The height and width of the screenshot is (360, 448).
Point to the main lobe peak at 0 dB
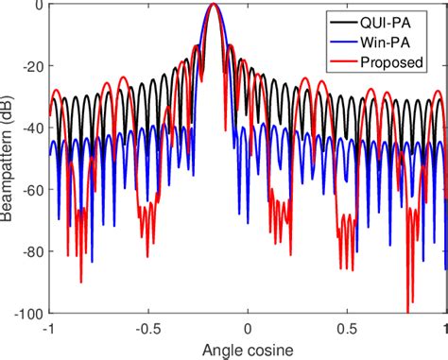[214, 6]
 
